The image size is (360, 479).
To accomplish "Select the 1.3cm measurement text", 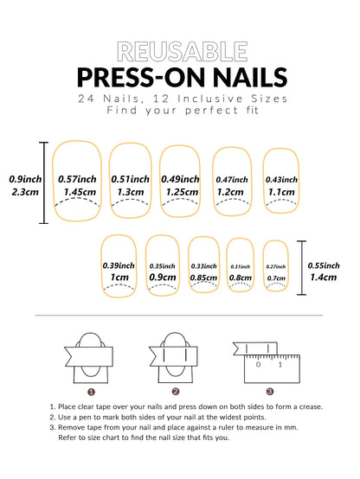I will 130,192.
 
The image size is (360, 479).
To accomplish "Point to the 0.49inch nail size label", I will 180,177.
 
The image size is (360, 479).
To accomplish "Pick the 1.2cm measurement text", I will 231,192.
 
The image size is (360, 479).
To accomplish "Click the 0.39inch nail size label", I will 119,265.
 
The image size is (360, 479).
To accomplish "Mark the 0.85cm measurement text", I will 204,278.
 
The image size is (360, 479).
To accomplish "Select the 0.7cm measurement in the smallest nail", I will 275,278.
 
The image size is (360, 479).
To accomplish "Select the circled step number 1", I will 88,391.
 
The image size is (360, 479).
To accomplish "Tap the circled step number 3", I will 270,391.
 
